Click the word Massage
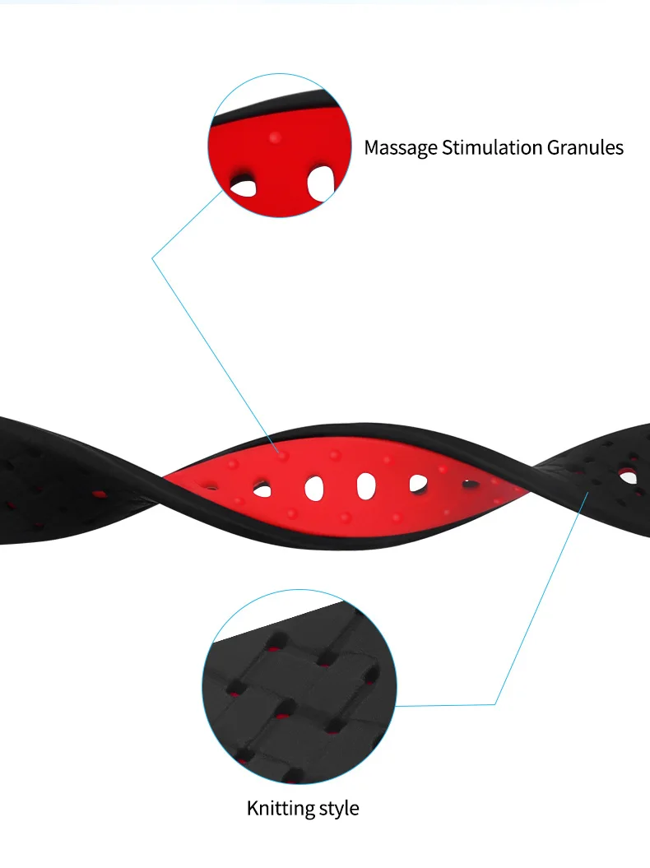click(401, 148)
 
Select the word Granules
click(585, 148)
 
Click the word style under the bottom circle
click(337, 808)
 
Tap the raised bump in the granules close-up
click(275, 137)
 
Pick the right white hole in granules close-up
click(322, 180)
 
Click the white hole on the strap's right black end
click(629, 476)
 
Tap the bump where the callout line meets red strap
click(282, 453)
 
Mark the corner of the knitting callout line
click(495, 704)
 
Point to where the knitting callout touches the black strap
click(589, 491)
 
